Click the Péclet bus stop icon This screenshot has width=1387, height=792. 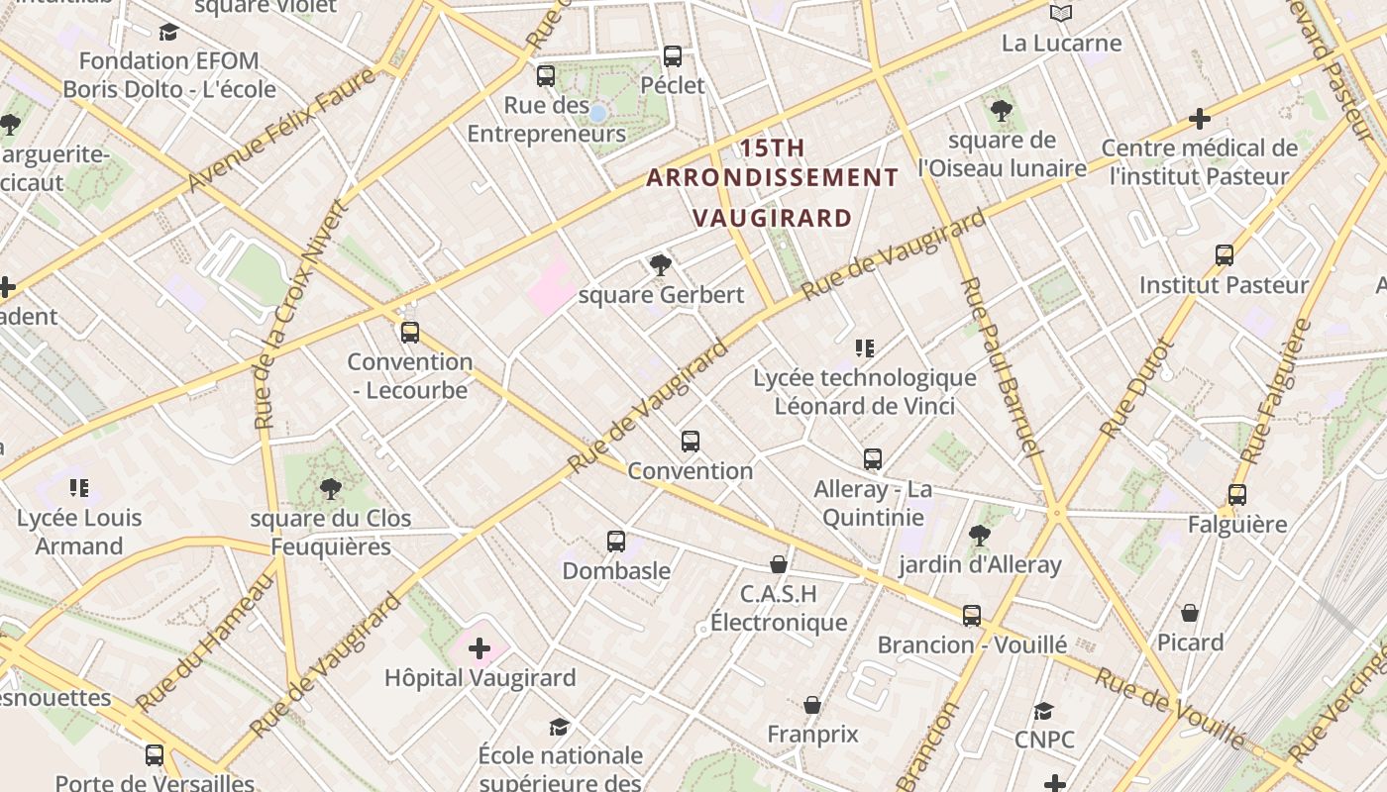click(673, 56)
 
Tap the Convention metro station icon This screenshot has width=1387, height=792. click(691, 442)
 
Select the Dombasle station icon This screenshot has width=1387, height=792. click(616, 542)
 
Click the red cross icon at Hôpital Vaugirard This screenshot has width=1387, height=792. click(480, 649)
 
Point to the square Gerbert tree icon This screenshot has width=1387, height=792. click(660, 265)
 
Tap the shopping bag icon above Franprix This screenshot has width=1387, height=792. click(812, 705)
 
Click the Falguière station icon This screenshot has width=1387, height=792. click(1236, 495)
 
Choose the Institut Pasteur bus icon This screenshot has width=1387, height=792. click(1225, 255)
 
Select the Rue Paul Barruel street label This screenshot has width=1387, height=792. click(1002, 366)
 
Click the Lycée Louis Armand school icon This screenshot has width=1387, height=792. click(79, 487)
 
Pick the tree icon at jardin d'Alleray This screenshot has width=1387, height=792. click(980, 536)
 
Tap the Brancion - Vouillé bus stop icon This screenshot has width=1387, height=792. click(972, 615)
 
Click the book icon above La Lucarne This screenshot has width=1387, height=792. click(1061, 13)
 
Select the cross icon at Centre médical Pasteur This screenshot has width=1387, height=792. click(1200, 119)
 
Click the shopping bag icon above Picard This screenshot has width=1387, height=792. click(1190, 613)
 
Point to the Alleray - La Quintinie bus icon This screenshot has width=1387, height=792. click(873, 459)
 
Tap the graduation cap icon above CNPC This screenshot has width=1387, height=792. click(1043, 711)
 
